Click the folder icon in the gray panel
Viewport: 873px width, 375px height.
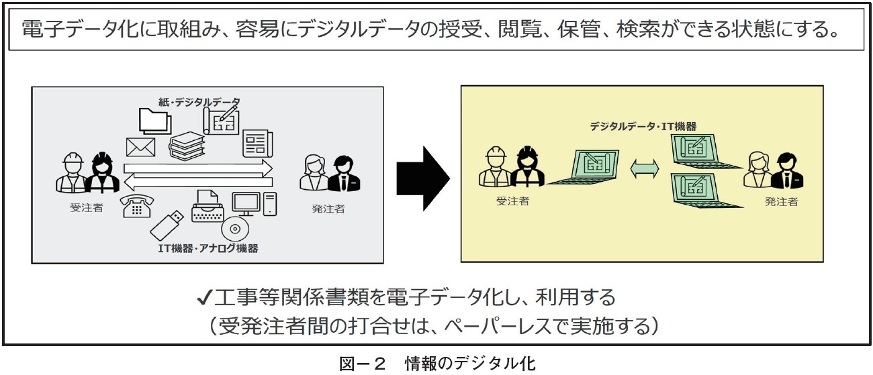154,121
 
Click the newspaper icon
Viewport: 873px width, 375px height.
257,142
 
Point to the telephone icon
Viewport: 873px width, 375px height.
137,206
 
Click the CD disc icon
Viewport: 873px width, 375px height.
235,229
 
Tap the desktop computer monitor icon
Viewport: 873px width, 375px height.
246,203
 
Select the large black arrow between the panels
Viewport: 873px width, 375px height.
422,176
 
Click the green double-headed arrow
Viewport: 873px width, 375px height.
645,170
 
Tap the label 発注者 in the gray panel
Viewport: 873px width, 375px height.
328,209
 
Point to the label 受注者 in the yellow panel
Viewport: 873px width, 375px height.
512,201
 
